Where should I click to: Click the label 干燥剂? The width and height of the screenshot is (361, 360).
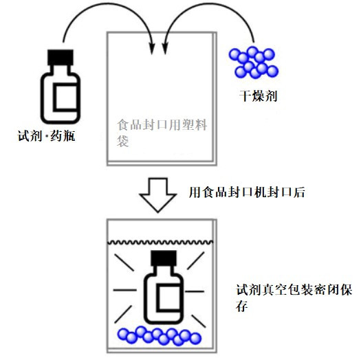coord(258,96)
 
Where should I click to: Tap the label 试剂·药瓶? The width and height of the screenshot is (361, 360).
coord(46,135)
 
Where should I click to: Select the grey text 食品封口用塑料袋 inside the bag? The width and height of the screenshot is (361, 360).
coord(162,133)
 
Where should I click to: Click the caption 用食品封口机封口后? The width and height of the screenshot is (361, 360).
coord(247,192)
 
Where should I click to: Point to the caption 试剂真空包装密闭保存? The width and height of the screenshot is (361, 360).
coord(294,298)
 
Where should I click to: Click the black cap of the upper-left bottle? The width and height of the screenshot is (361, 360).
coord(61,57)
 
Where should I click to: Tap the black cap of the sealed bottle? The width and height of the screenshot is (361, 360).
coord(164,258)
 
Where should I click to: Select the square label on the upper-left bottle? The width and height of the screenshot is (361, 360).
coord(65,98)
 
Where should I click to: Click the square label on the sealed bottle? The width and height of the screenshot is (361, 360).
coord(168,299)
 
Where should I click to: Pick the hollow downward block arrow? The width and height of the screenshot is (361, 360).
coord(158,194)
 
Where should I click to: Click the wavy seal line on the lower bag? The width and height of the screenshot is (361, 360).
coord(160,243)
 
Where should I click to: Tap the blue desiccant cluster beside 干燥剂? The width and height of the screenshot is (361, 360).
coord(254,62)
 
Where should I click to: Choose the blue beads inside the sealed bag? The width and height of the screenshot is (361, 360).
coord(160,336)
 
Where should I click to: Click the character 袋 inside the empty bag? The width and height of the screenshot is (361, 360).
coord(122,141)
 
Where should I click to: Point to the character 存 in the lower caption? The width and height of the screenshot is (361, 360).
coord(242,306)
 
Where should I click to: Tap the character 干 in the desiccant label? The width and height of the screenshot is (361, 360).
coord(245,96)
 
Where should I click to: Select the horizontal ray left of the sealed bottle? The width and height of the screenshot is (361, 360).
coord(124,290)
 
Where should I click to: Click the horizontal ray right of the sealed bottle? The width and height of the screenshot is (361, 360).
coord(195,291)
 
